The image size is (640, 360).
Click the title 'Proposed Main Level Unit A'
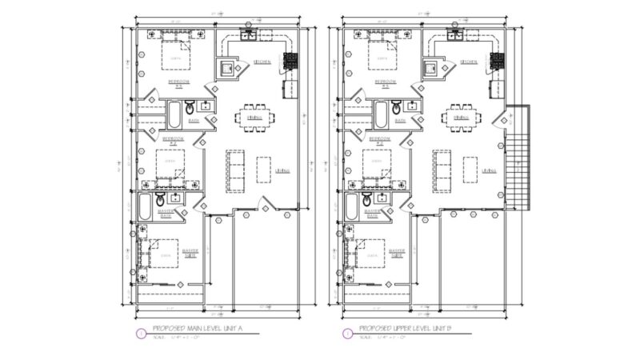(193, 329)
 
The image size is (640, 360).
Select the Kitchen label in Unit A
(262, 62)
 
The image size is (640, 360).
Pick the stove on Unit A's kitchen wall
(290, 61)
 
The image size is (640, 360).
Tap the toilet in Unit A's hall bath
(190, 109)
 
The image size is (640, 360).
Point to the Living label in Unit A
(283, 170)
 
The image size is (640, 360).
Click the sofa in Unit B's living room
(442, 170)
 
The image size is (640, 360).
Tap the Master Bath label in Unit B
(371, 214)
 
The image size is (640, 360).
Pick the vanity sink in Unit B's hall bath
(412, 105)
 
